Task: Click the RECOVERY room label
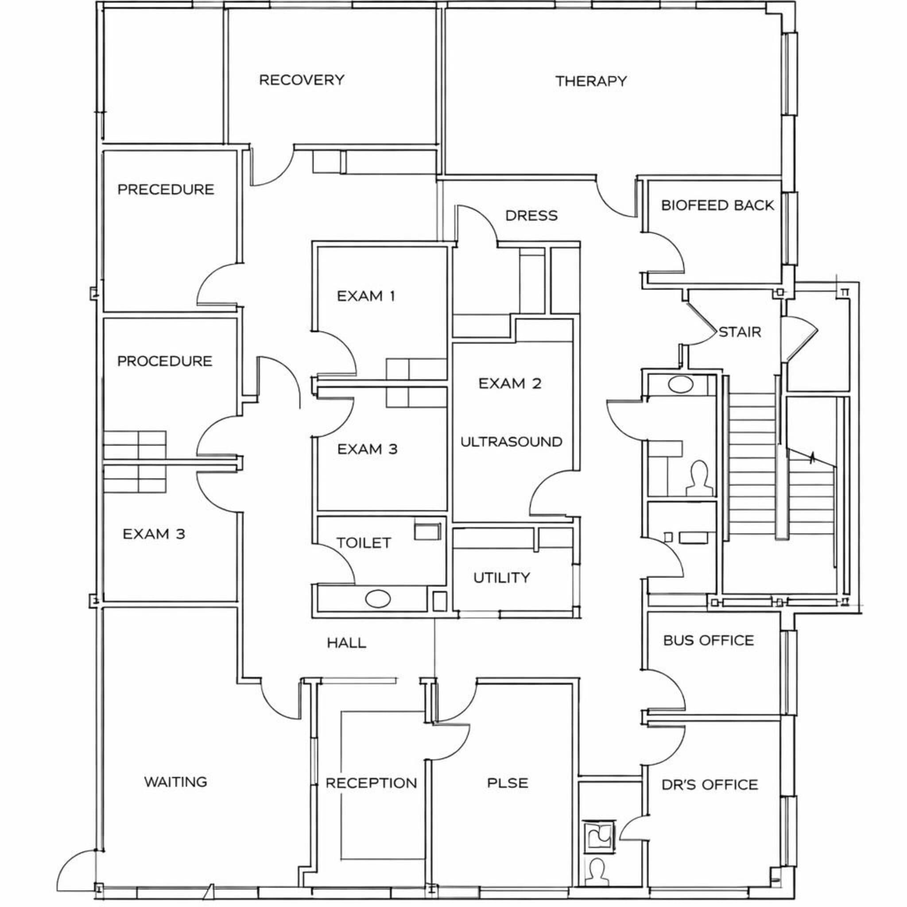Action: click(x=302, y=80)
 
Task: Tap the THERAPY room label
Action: click(x=591, y=81)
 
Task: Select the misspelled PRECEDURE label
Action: click(x=165, y=189)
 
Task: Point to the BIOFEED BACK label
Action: click(x=717, y=205)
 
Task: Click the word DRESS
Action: click(x=531, y=216)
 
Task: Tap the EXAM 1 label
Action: click(x=366, y=296)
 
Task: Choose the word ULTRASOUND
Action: click(x=511, y=442)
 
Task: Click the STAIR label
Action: click(x=740, y=332)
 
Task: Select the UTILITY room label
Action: click(x=501, y=578)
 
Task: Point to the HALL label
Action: click(x=346, y=643)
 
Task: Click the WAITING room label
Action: click(x=175, y=782)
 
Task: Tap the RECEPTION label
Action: click(x=371, y=783)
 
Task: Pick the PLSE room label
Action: click(x=507, y=783)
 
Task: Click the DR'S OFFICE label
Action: click(x=709, y=784)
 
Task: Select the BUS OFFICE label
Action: click(x=708, y=640)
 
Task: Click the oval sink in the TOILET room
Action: click(x=377, y=600)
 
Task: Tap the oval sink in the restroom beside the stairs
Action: click(x=680, y=385)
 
